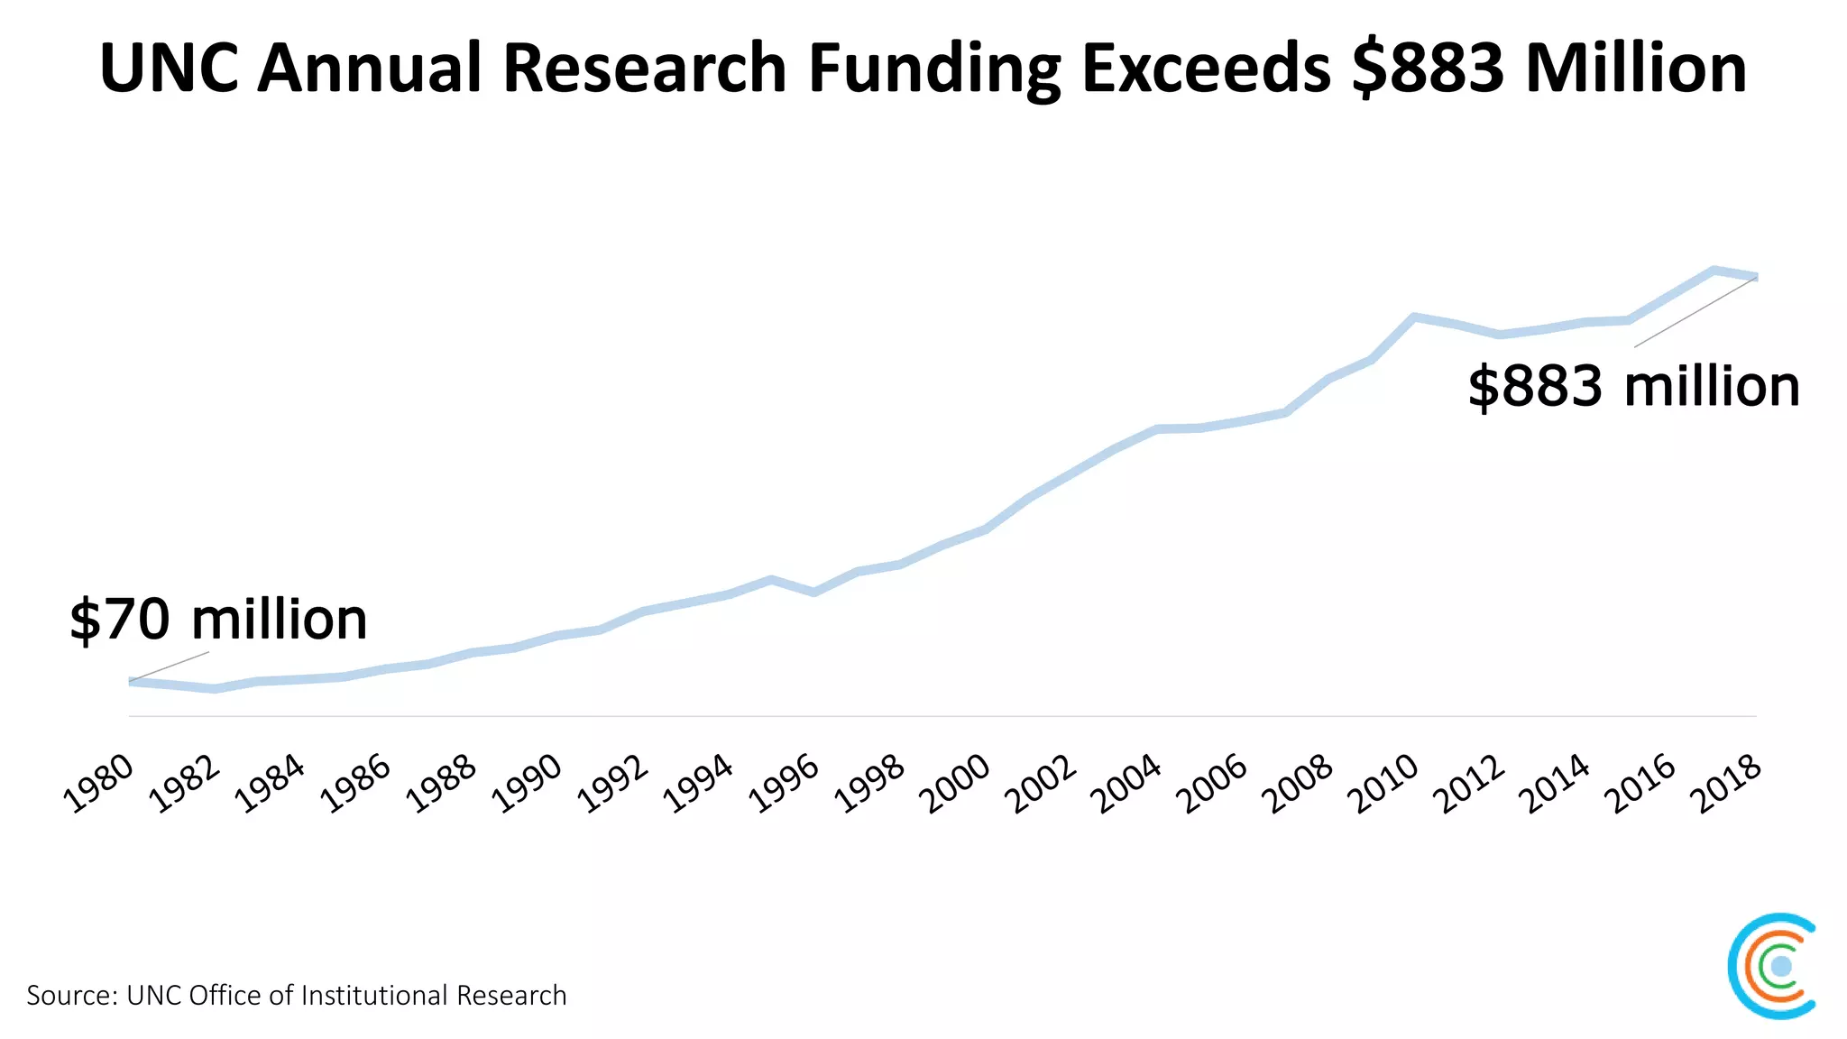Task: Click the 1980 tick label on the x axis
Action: point(99,784)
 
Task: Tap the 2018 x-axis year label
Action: point(1726,784)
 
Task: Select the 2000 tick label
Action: point(956,784)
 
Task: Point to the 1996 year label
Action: point(785,784)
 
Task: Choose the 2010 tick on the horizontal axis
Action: point(1383,784)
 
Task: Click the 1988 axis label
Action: point(442,784)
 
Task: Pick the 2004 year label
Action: point(1127,784)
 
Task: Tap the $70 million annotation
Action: point(218,620)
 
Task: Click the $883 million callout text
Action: point(1633,386)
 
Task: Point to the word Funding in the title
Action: point(934,68)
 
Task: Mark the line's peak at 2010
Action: point(1414,317)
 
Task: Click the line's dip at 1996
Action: point(813,593)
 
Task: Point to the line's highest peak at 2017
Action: point(1714,270)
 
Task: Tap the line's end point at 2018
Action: point(1755,276)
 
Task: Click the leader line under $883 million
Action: point(1694,312)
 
